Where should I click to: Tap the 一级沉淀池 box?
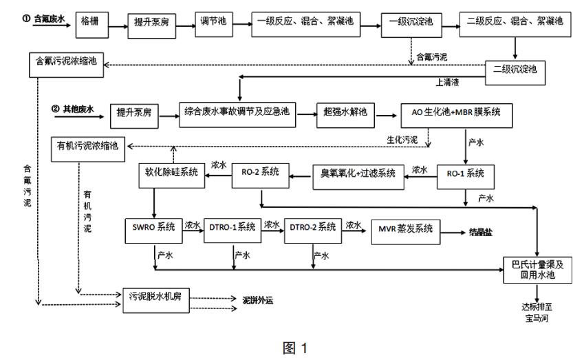click(410, 21)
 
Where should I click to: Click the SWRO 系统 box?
click(153, 227)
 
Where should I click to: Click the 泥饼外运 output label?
click(261, 301)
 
